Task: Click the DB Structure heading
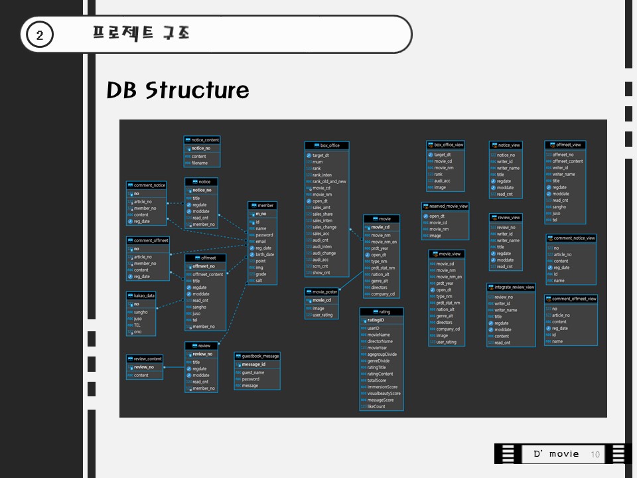178,91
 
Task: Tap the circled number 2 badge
40,36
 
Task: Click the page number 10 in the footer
595,454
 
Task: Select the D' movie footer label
556,454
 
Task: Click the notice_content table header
202,140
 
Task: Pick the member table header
261,205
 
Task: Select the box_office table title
326,145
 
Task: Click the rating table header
382,311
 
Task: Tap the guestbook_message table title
257,356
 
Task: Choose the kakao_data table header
141,295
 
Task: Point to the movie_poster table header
322,291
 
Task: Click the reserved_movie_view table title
445,206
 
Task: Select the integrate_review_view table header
511,287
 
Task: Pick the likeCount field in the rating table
376,406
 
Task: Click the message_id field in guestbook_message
253,364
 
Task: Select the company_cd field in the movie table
383,294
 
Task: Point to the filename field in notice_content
199,163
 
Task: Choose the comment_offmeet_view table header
571,299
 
